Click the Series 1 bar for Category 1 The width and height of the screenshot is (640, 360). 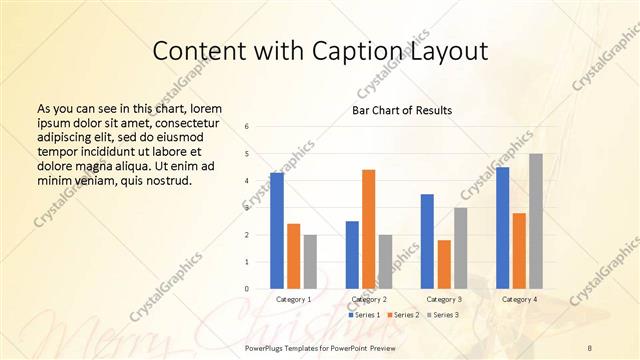(x=277, y=231)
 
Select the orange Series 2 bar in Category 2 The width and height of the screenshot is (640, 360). (x=368, y=229)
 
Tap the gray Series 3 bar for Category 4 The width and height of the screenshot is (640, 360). (x=536, y=221)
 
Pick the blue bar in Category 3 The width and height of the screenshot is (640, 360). (x=427, y=241)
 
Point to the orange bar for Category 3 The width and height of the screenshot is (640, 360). (x=444, y=264)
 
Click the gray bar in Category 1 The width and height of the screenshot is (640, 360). (x=310, y=262)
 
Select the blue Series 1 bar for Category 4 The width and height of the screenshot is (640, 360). (x=502, y=228)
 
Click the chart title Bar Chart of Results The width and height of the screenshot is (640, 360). (x=402, y=110)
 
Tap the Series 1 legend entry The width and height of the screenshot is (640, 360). (x=364, y=315)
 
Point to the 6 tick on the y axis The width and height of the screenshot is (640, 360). (x=247, y=127)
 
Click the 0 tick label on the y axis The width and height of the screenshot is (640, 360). (x=247, y=289)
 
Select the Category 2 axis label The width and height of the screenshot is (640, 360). (x=369, y=299)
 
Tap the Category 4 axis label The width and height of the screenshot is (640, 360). (x=519, y=299)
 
